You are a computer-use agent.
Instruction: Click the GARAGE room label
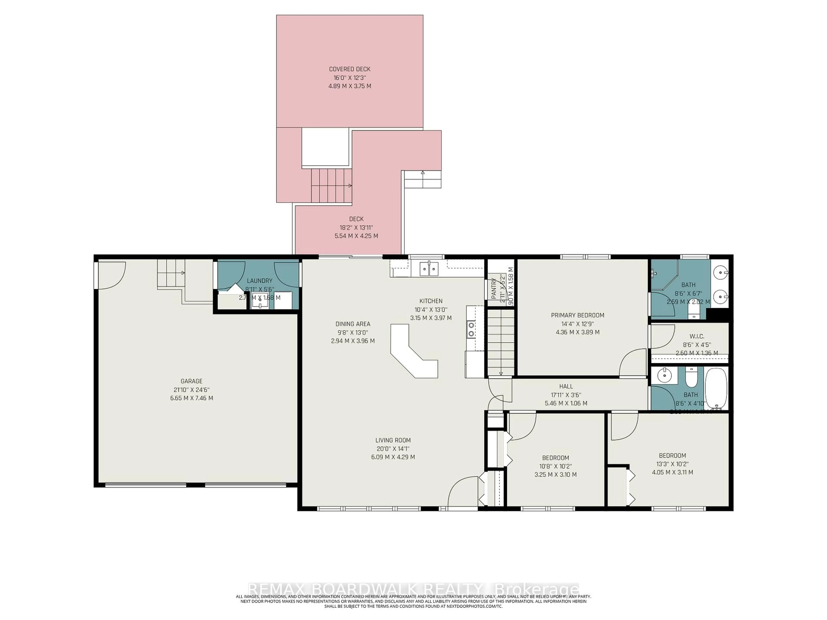click(x=191, y=381)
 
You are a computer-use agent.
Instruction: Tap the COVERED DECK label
click(x=350, y=69)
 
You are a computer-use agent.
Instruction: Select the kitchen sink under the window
click(x=429, y=268)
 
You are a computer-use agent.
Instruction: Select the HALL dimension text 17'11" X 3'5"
click(x=566, y=395)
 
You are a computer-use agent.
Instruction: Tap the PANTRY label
click(x=494, y=288)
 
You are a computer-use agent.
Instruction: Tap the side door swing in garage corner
click(x=111, y=275)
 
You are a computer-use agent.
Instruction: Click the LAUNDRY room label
click(x=260, y=281)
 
